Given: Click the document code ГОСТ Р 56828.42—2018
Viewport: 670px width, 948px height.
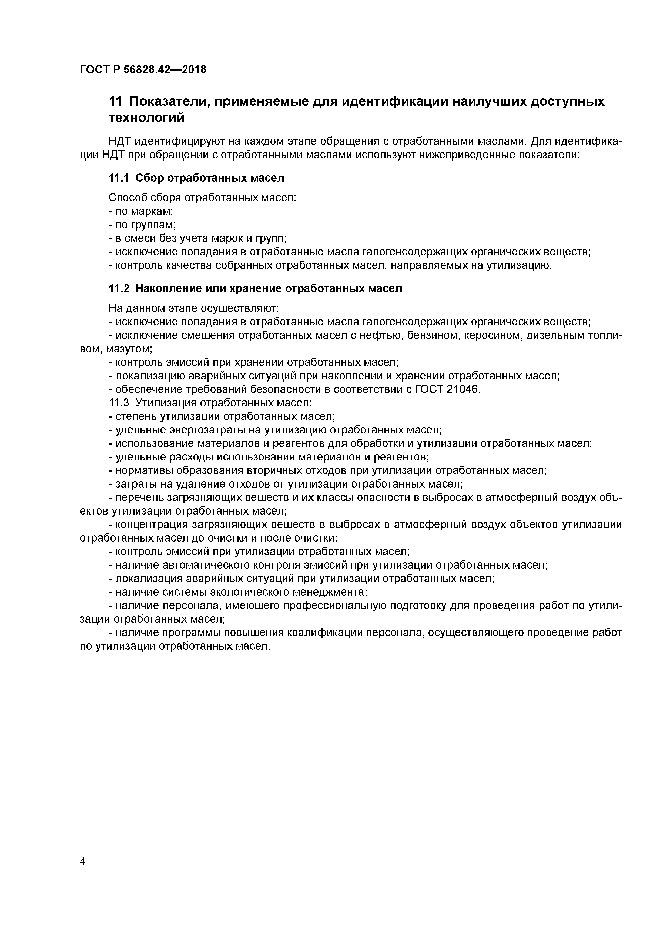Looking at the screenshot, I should click(x=143, y=70).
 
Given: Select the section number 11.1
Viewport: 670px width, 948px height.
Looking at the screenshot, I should click(x=119, y=178).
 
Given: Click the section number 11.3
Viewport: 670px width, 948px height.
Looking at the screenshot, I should click(x=119, y=403).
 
